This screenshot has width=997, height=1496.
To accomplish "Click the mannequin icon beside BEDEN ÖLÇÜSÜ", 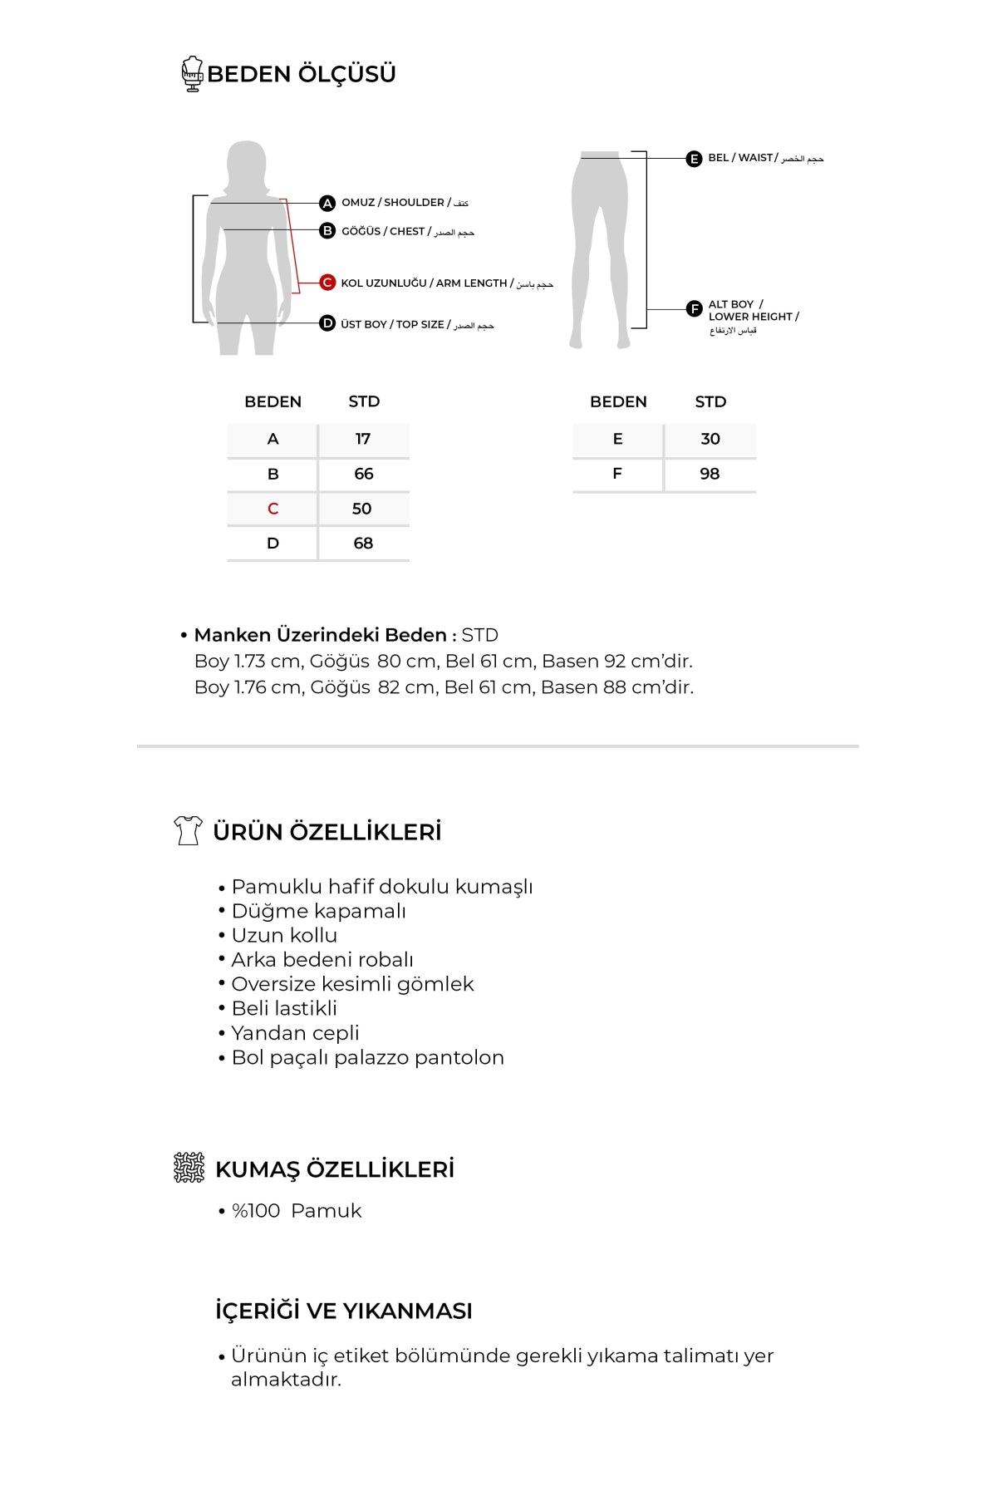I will point(193,73).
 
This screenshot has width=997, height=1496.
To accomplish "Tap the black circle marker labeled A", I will point(327,204).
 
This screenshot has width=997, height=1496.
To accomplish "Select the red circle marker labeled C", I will point(327,283).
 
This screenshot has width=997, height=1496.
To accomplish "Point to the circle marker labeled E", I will point(694,159).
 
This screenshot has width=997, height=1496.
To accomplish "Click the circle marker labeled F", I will point(694,309).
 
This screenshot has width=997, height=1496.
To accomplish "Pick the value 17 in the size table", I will point(363,439).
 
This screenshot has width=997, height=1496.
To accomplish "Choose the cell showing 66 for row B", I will point(363,474).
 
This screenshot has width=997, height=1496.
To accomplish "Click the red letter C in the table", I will point(273,509).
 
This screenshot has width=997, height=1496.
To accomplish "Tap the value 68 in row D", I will point(363,544).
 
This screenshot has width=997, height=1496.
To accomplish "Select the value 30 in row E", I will point(710,439).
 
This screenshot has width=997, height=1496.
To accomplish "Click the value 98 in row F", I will point(710,474).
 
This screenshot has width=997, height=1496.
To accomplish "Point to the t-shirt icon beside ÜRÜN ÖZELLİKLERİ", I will point(188,830).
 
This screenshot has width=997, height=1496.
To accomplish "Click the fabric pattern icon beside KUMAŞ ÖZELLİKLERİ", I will point(189,1168).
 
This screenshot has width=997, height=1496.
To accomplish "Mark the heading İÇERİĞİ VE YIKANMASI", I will point(343,1311).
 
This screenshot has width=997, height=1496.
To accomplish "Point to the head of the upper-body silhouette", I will point(246,160).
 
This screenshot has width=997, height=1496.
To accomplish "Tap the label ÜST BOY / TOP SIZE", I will point(395,324).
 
